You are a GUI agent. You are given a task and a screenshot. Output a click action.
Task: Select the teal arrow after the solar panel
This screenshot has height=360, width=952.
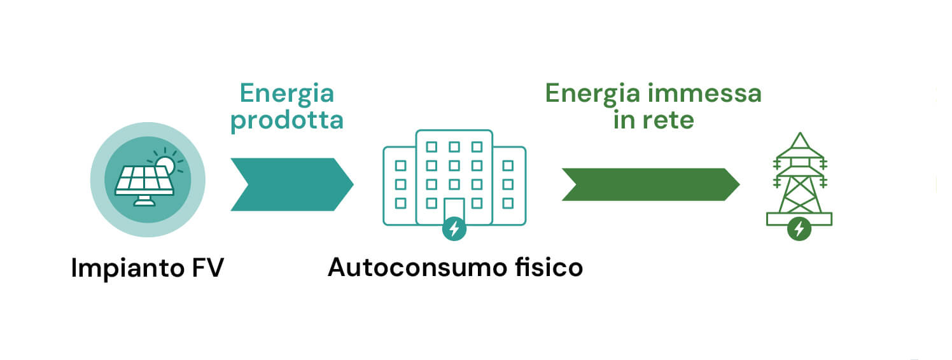(x=292, y=184)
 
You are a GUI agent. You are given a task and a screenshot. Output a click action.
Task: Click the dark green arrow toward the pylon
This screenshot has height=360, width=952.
(x=650, y=184)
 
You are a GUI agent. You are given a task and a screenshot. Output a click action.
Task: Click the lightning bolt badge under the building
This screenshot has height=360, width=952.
(x=454, y=229)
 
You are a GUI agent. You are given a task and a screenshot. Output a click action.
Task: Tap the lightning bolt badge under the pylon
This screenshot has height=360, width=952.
(x=799, y=229)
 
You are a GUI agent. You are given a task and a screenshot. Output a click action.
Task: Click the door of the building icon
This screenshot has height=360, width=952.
(x=454, y=209)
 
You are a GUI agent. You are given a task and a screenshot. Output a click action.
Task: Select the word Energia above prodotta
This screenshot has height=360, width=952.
(x=287, y=94)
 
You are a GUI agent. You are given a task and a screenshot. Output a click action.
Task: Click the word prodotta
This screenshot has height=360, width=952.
(x=287, y=121)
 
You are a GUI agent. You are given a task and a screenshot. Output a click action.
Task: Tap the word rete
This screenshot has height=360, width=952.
(x=668, y=120)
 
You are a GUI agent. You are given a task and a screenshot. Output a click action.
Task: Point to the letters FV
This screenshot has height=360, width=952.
(x=208, y=268)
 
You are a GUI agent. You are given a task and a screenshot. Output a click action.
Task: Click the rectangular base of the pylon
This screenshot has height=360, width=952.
(x=799, y=219)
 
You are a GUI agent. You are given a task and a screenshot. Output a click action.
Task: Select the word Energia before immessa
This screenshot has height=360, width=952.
(x=592, y=94)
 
